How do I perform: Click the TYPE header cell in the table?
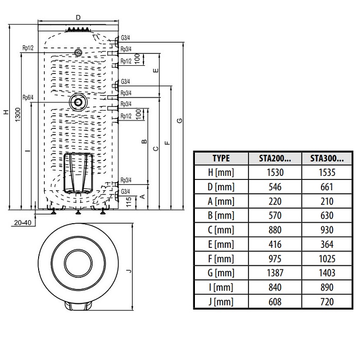[x=221, y=158]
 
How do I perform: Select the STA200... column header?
[x=276, y=158]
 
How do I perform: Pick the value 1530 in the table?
[x=276, y=173]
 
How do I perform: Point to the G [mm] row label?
[x=221, y=273]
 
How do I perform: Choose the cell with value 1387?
[x=276, y=273]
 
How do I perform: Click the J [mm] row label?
[x=221, y=302]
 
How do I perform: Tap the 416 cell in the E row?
[x=276, y=244]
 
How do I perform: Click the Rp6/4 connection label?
[x=28, y=97]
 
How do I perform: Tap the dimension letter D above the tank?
[x=78, y=17]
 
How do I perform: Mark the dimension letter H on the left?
[x=6, y=112]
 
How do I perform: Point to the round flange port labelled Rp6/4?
[x=78, y=102]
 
